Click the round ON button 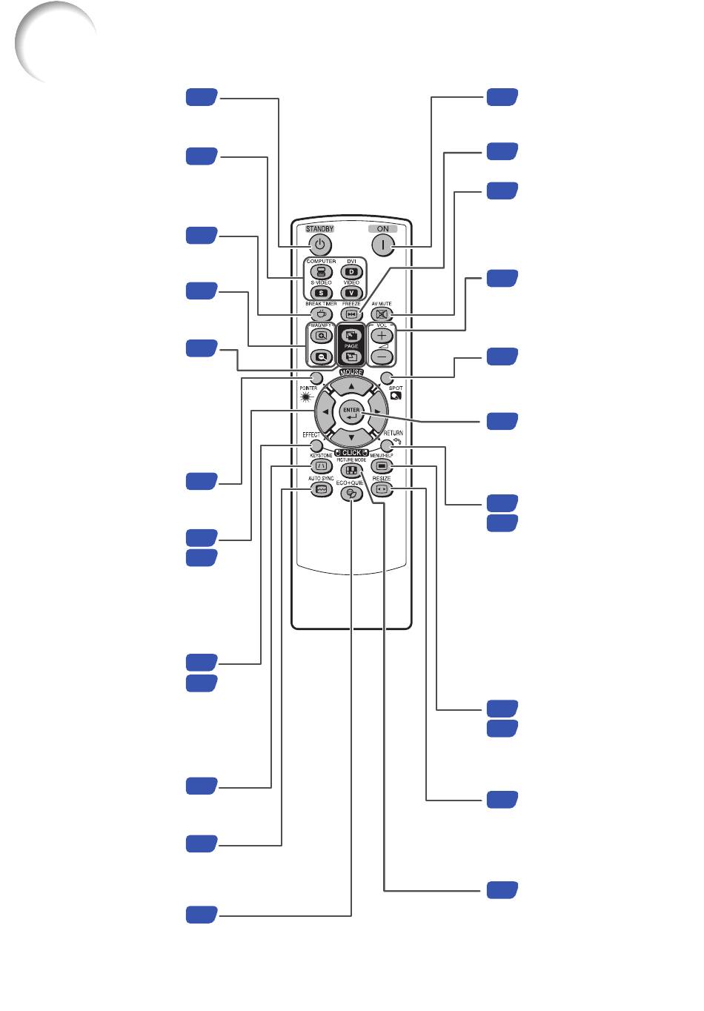click(x=382, y=245)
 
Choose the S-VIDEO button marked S click(x=321, y=294)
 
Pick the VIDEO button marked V click(x=351, y=294)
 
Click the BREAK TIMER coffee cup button click(x=321, y=314)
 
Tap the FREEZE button click(x=351, y=314)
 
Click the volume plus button click(x=382, y=336)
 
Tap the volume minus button click(x=382, y=356)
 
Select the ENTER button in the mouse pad click(x=351, y=412)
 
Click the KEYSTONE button click(x=321, y=466)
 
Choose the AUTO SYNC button click(x=321, y=490)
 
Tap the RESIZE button click(x=382, y=490)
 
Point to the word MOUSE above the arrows click(x=351, y=372)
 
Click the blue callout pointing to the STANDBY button click(x=201, y=96)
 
